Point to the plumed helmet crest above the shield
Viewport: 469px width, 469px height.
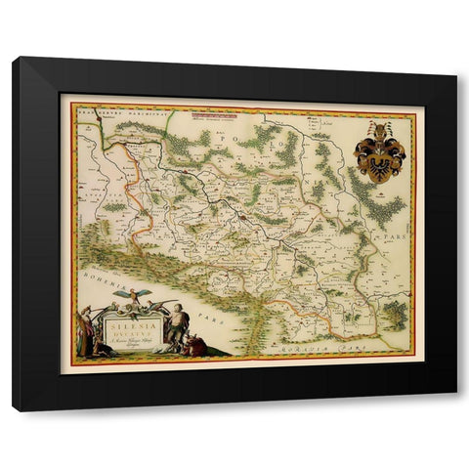pos(378,130)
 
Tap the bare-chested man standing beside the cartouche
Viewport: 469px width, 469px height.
pos(178,325)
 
